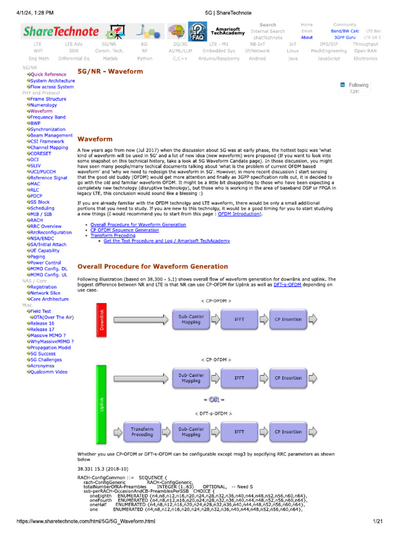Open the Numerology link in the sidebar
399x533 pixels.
44,105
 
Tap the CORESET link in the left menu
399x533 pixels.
42,154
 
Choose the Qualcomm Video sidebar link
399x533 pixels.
49,372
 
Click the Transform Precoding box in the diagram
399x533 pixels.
142,432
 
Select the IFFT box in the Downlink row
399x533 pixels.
240,319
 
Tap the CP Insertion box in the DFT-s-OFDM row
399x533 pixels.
288,432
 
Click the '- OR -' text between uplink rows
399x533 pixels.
215,400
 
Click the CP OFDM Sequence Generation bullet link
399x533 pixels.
125,230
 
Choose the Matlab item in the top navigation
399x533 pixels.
110,59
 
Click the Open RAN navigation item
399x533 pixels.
365,51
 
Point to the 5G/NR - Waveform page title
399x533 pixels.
110,71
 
